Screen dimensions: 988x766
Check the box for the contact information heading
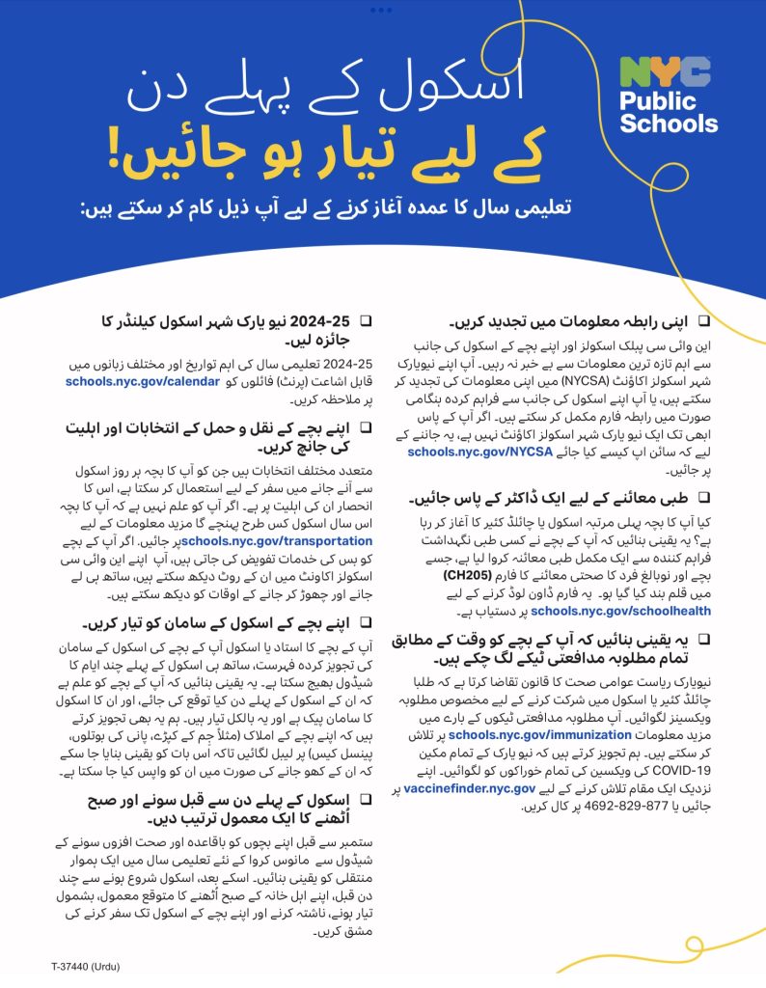[x=703, y=317]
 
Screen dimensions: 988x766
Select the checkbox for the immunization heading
[x=703, y=638]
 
